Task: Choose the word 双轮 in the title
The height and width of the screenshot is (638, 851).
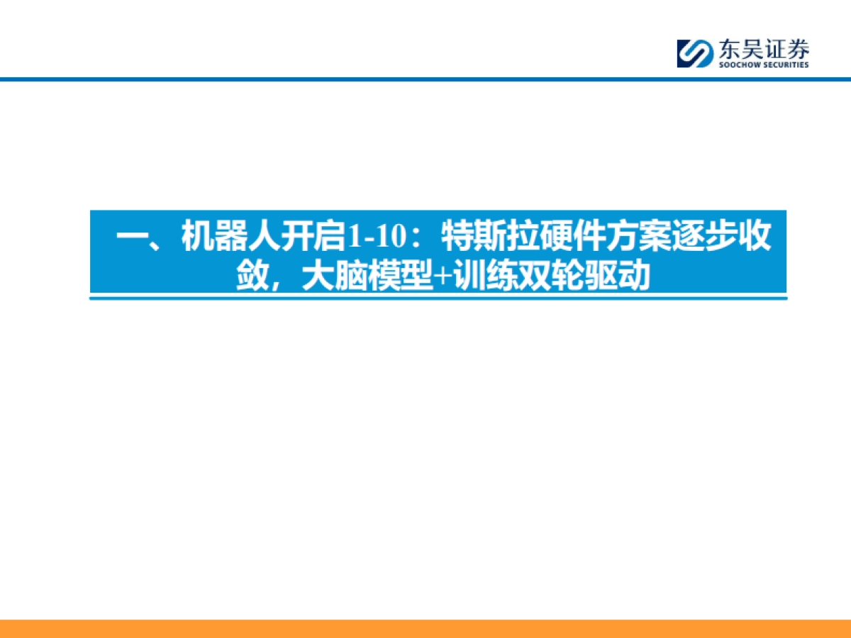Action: pos(545,276)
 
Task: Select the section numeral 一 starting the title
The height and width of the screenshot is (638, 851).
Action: pos(130,237)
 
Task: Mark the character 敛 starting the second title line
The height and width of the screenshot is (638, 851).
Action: pos(252,276)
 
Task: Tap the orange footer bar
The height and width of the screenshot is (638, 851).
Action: pos(425,628)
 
